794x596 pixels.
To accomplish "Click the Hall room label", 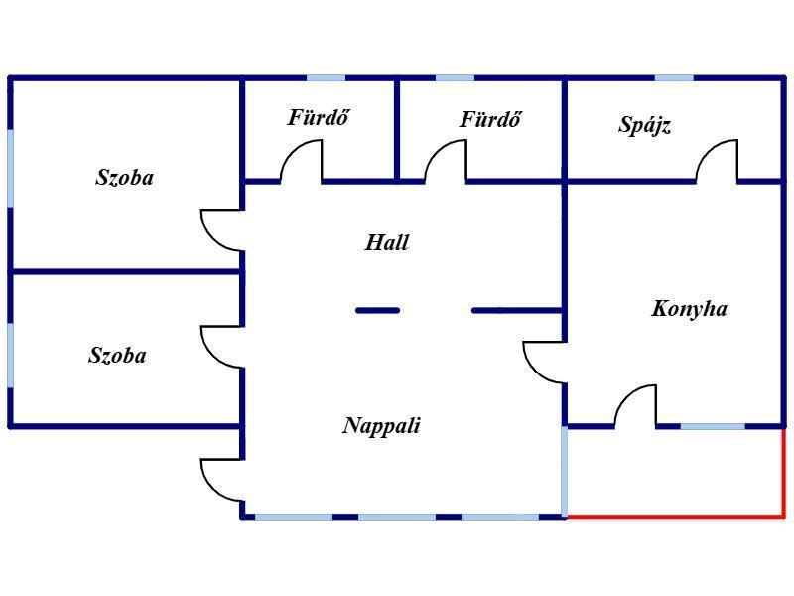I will (x=387, y=242).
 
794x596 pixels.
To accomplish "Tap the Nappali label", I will (x=382, y=426).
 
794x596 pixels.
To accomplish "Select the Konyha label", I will (x=689, y=309).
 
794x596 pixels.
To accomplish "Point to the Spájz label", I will (x=645, y=125).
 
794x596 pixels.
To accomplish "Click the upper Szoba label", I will (x=125, y=179).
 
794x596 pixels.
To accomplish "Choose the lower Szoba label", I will (x=117, y=356).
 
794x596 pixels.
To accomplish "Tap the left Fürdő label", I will (x=319, y=118).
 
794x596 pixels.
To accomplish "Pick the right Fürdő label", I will (x=490, y=120).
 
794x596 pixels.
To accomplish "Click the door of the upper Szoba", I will (x=222, y=229).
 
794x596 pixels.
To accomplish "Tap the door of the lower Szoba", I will (x=222, y=347).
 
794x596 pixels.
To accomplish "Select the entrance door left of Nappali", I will (x=222, y=480).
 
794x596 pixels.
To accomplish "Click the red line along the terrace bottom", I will (x=675, y=517).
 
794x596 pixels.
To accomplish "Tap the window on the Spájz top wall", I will (x=674, y=77).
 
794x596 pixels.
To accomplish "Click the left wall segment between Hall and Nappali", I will (x=378, y=311).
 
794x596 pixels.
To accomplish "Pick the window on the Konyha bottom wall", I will (x=712, y=427).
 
